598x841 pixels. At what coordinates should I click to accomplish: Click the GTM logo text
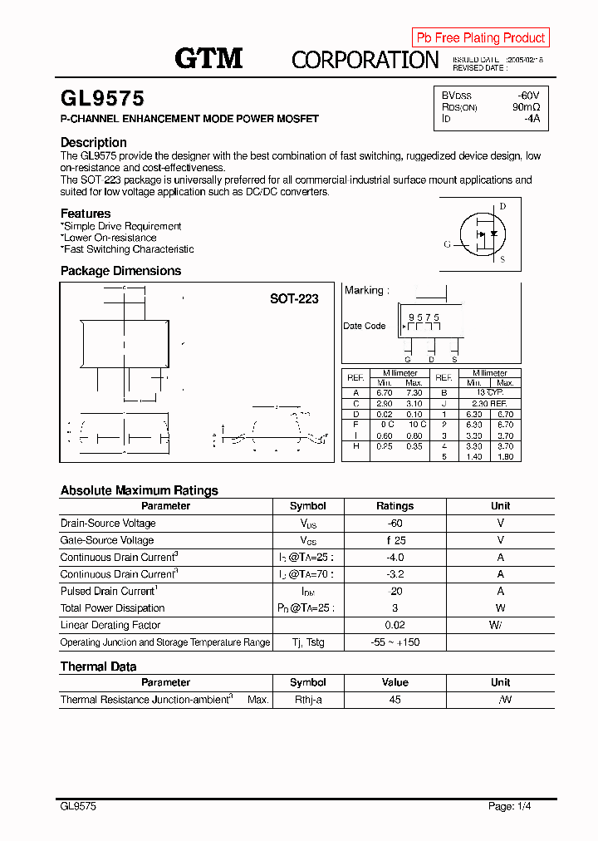coord(208,58)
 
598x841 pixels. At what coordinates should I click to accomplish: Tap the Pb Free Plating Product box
coord(480,37)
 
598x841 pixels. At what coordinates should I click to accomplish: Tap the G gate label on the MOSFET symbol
coord(448,244)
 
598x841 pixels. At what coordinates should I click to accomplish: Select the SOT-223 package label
coord(294,298)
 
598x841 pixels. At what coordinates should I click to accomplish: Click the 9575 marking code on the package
coord(424,318)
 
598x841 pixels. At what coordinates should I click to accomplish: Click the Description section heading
coord(94,142)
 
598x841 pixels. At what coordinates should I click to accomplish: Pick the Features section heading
coord(86,214)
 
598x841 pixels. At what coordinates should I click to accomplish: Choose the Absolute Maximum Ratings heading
coord(139,490)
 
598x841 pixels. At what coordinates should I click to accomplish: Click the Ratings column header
coord(395,506)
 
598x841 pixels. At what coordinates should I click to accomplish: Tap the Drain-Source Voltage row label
coord(108,524)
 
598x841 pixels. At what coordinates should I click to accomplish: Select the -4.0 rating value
coord(395,558)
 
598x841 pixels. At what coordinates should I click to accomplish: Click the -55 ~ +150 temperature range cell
coord(395,642)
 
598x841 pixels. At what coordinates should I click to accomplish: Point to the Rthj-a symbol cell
coord(307,700)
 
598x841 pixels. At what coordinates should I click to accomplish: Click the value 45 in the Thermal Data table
coord(395,700)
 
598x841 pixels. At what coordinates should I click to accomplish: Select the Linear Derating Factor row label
coord(110,625)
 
